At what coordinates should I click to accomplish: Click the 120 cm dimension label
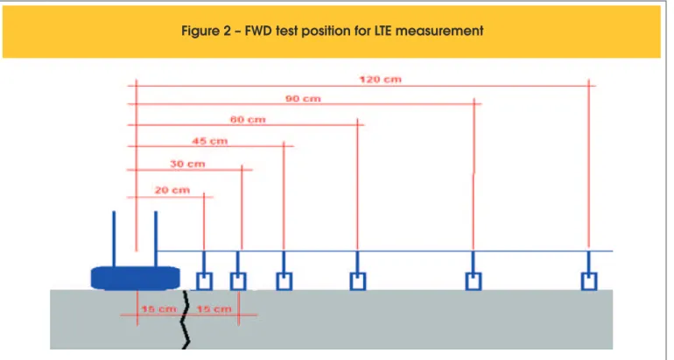pyautogui.click(x=381, y=79)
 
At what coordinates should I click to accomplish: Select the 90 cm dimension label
pyautogui.click(x=303, y=98)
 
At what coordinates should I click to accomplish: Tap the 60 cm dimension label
pyautogui.click(x=248, y=120)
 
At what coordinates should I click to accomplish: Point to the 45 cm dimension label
pyautogui.click(x=210, y=141)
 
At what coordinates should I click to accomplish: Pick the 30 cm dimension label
pyautogui.click(x=187, y=164)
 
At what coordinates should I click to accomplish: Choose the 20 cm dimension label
pyautogui.click(x=172, y=190)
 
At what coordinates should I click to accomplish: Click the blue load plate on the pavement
pyautogui.click(x=136, y=278)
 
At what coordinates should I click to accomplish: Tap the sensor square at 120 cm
pyautogui.click(x=589, y=281)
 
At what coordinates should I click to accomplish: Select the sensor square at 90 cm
pyautogui.click(x=474, y=281)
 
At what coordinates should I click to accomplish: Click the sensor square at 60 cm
pyautogui.click(x=358, y=281)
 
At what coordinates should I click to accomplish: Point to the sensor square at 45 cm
pyautogui.click(x=284, y=281)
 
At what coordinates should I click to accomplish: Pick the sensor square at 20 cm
pyautogui.click(x=204, y=281)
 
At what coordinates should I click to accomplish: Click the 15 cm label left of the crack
pyautogui.click(x=158, y=309)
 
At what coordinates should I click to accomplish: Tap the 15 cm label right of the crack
pyautogui.click(x=214, y=309)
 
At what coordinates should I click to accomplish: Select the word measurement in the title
pyautogui.click(x=439, y=31)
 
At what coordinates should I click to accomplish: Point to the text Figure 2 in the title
pyautogui.click(x=207, y=31)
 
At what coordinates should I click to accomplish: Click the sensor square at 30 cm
pyautogui.click(x=238, y=281)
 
